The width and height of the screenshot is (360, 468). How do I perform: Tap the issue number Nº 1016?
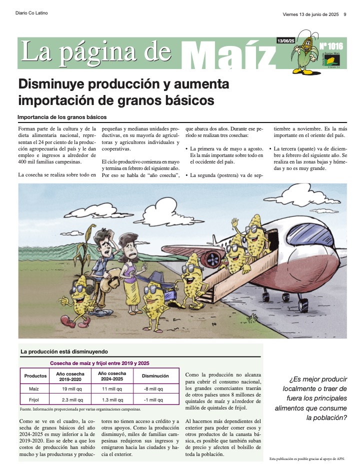pos(332,46)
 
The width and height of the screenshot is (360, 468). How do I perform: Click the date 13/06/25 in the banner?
pos(285,40)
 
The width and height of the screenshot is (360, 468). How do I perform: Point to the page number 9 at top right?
pos(344,14)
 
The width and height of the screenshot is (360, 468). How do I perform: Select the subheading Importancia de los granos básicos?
pos(62,117)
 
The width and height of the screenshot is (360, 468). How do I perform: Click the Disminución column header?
pos(155,375)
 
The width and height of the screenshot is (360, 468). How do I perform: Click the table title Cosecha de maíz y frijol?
pos(99,363)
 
